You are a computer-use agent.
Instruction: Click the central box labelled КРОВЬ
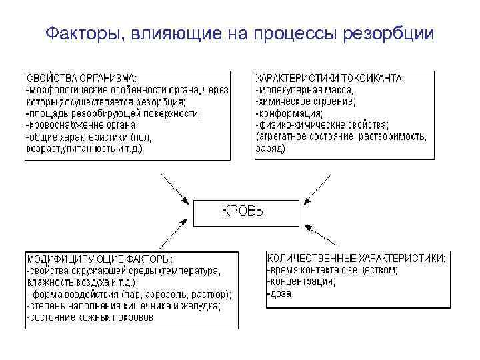click(x=242, y=213)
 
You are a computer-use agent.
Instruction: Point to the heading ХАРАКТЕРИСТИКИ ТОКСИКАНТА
click(x=329, y=79)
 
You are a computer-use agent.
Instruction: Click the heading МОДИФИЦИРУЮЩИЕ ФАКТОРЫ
click(x=99, y=259)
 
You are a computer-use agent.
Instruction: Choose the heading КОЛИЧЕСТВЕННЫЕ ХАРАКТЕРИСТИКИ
click(x=357, y=258)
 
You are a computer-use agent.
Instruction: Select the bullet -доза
click(x=279, y=294)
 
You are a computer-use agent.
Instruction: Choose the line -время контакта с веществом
click(x=332, y=271)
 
